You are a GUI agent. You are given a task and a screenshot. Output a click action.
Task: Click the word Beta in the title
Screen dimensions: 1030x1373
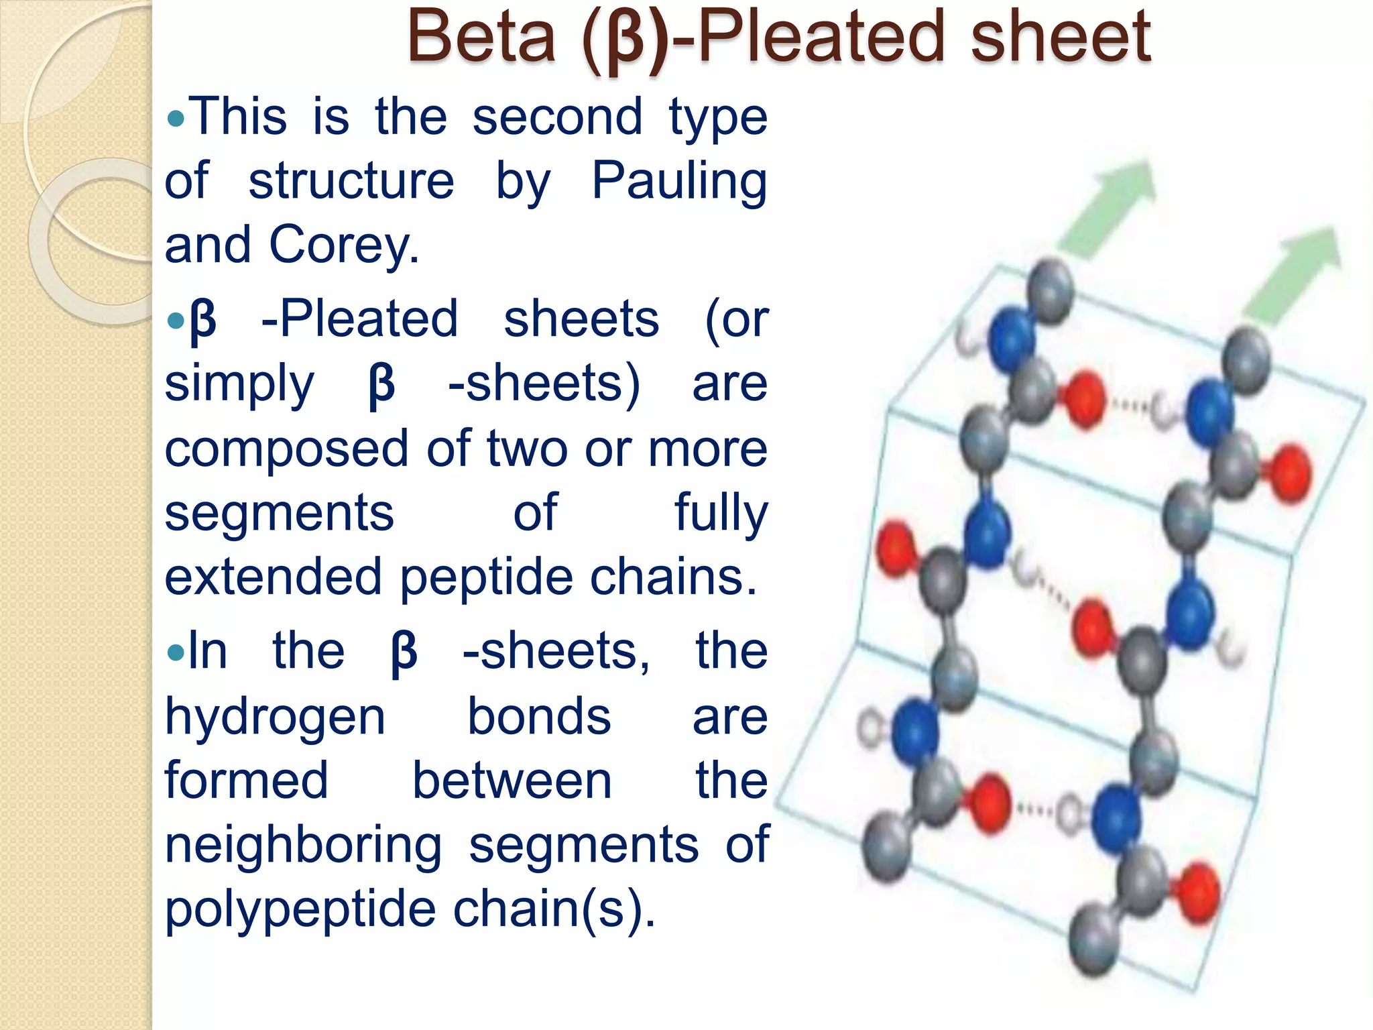(x=481, y=36)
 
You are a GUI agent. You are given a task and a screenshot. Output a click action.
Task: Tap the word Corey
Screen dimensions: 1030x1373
(x=343, y=245)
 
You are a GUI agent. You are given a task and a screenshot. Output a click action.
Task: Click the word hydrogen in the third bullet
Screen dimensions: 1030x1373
(x=275, y=718)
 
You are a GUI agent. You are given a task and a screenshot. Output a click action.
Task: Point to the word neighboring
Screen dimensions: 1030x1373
(x=303, y=845)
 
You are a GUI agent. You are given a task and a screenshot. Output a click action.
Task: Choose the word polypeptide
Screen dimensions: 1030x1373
(x=300, y=909)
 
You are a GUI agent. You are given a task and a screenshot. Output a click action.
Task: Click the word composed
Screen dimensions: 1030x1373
(x=286, y=448)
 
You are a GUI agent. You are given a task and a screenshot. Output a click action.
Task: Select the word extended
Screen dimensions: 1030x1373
(x=273, y=577)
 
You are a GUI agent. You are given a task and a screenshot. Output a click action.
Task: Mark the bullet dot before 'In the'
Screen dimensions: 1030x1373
(x=176, y=652)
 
